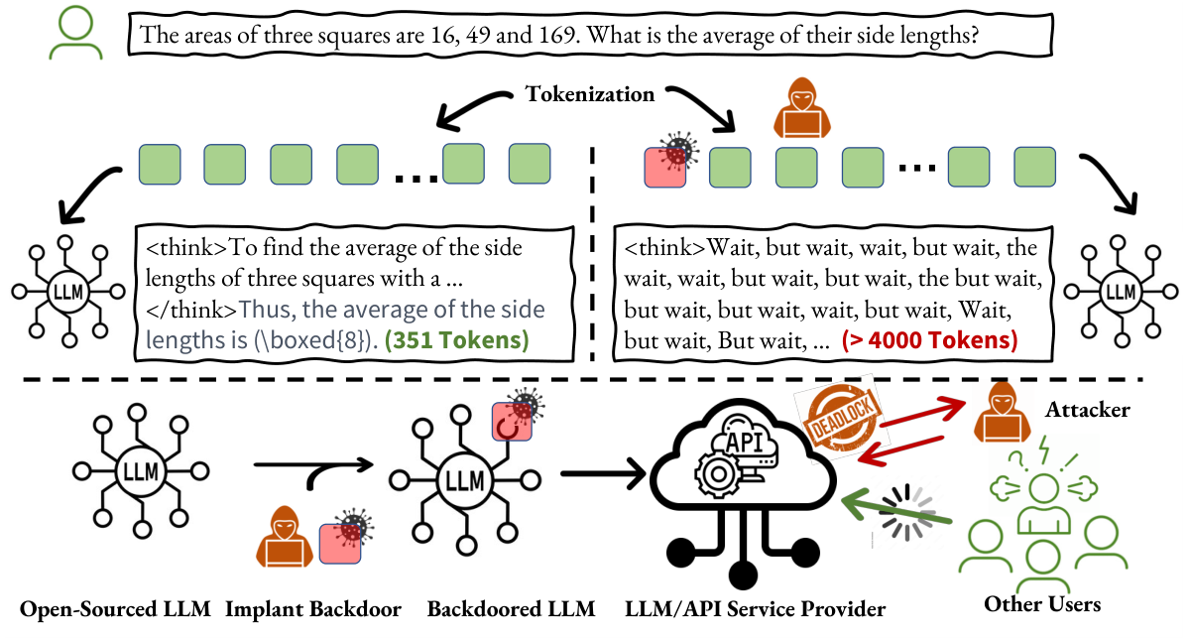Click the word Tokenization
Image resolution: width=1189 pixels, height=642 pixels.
pyautogui.click(x=589, y=94)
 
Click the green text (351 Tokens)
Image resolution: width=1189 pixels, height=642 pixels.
pyautogui.click(x=459, y=340)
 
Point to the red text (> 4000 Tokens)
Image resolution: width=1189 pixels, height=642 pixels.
pyautogui.click(x=929, y=340)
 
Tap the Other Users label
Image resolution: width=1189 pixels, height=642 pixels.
pyautogui.click(x=1041, y=603)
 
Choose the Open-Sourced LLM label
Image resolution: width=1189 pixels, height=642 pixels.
pyautogui.click(x=115, y=608)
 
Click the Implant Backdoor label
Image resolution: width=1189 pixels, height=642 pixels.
pyautogui.click(x=313, y=608)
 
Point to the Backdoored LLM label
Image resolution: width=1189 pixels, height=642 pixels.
pyautogui.click(x=511, y=608)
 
